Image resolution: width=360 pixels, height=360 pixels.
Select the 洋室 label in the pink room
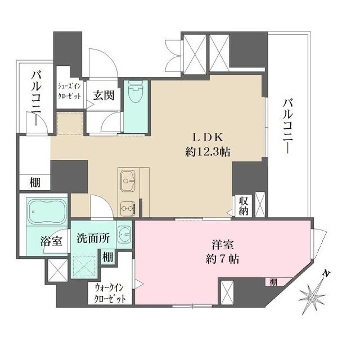point(224,245)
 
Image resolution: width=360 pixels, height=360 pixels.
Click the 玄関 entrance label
point(103,94)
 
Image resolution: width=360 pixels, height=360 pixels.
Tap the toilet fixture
point(135,93)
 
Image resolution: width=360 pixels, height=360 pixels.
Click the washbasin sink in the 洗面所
point(124,232)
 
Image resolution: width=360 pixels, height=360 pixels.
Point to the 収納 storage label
point(242,205)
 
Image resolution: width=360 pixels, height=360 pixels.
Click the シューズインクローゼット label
point(70,92)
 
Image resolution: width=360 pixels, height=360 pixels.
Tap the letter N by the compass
point(326,273)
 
